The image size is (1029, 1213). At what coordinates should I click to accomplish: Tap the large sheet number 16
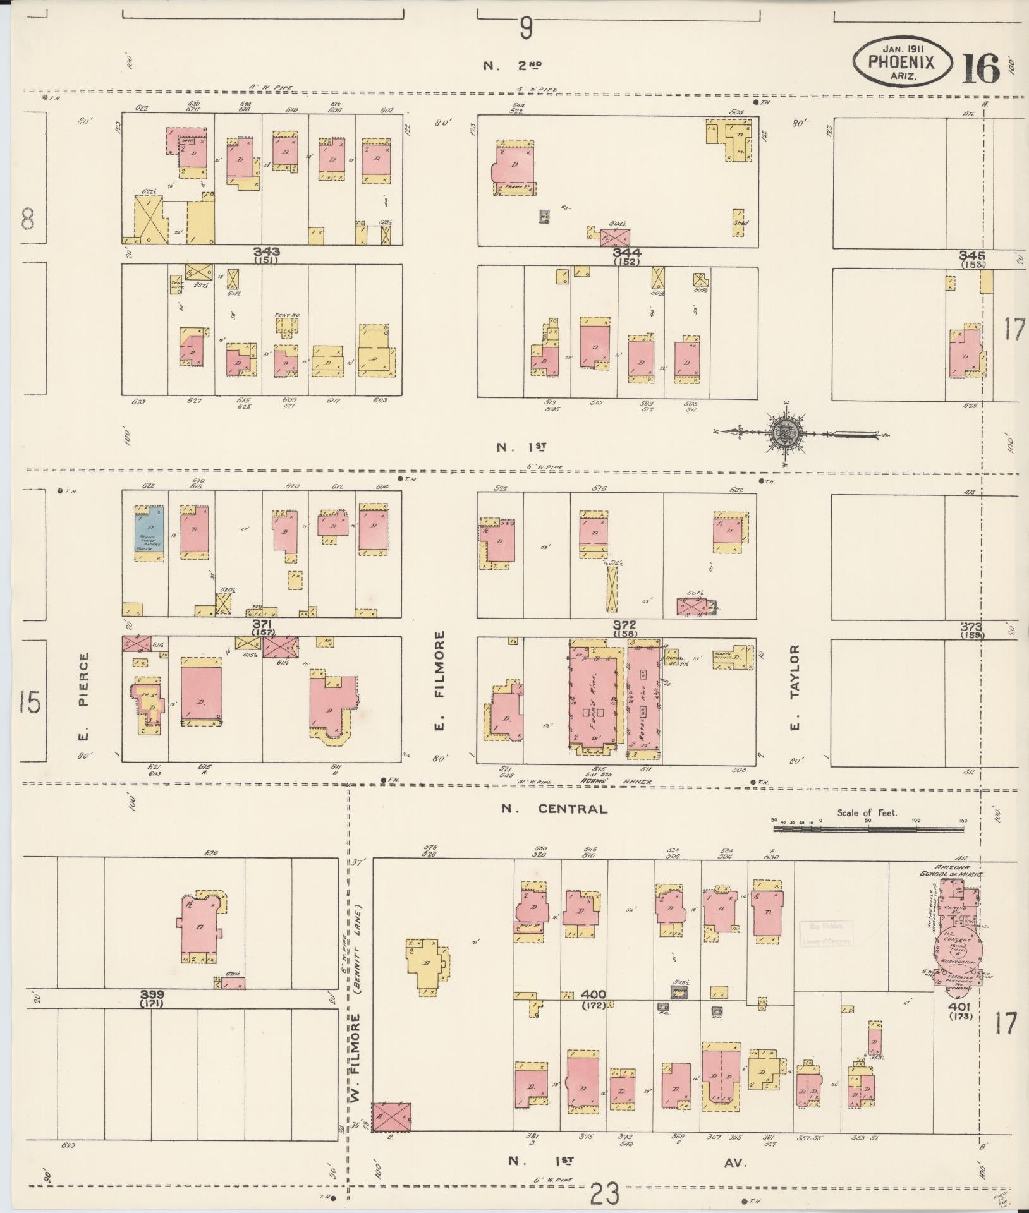point(981,68)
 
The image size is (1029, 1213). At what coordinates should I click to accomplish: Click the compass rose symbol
point(786,433)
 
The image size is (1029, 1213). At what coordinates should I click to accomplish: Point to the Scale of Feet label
point(867,812)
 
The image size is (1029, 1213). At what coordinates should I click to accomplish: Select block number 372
point(624,625)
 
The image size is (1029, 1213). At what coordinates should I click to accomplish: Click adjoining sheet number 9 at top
point(527,28)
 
